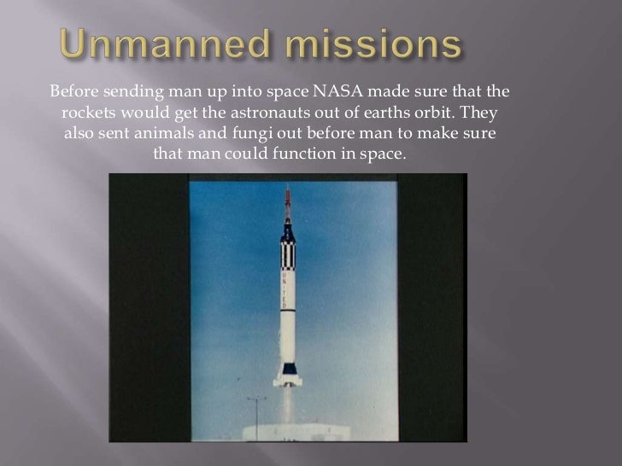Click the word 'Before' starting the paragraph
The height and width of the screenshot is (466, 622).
click(74, 90)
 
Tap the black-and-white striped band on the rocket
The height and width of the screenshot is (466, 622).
click(288, 253)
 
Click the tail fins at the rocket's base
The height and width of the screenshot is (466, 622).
click(288, 373)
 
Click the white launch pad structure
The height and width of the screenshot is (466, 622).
click(290, 431)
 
